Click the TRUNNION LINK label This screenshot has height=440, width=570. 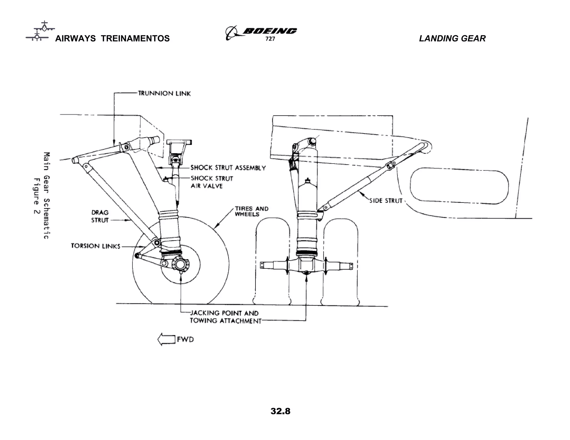click(x=164, y=93)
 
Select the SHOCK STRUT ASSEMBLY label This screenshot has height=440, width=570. click(x=228, y=168)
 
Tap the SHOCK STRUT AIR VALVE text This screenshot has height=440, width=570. click(x=212, y=182)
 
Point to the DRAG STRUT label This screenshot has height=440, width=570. click(x=100, y=216)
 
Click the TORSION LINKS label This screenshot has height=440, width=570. click(x=95, y=246)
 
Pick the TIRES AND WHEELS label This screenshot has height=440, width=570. click(x=251, y=211)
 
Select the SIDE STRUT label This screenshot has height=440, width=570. click(x=386, y=201)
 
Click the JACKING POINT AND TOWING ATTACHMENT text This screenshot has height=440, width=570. click(x=225, y=317)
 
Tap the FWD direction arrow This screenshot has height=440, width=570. click(x=166, y=340)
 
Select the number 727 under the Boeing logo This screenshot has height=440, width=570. click(x=270, y=39)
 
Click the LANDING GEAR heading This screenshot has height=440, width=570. click(x=452, y=38)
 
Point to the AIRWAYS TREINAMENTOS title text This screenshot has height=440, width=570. click(x=112, y=38)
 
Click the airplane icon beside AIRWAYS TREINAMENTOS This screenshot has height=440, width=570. click(x=40, y=31)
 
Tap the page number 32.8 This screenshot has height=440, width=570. click(x=280, y=411)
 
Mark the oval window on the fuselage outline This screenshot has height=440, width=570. click(x=459, y=186)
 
